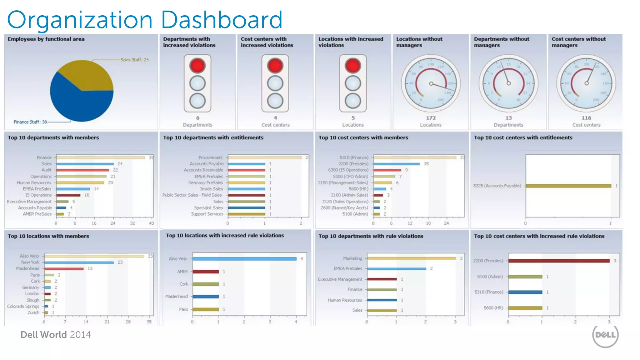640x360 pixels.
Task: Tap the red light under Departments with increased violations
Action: tap(197, 66)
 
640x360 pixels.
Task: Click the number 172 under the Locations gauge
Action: tap(431, 118)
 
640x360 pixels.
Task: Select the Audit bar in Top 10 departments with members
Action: tap(82, 170)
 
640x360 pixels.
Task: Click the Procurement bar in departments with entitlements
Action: tap(264, 157)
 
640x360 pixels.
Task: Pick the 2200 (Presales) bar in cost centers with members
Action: tap(397, 164)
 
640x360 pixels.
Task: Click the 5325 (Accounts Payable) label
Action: tap(497, 186)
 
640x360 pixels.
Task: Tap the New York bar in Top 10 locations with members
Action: tap(79, 262)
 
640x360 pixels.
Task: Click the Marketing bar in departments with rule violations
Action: tap(411, 258)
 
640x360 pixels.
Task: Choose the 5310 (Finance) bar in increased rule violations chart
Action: tap(525, 292)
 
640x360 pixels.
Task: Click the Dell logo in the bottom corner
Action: tap(605, 335)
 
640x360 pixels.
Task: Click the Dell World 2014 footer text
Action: tap(56, 335)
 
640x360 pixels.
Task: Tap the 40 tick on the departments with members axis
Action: tap(151, 223)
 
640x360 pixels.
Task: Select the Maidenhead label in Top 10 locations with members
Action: tap(28, 268)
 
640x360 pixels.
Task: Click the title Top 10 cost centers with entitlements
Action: tap(523, 137)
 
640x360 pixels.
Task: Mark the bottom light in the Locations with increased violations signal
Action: tap(353, 101)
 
